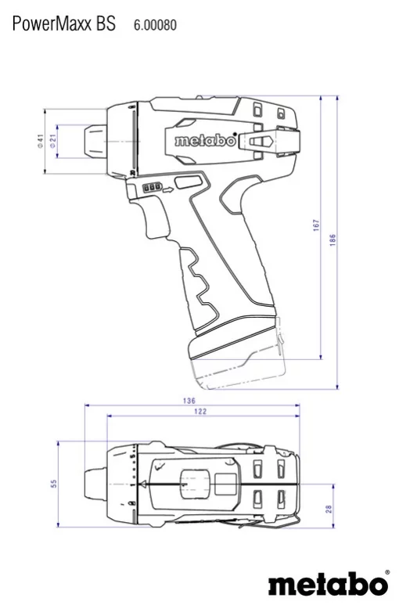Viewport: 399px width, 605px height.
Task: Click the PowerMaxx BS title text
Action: point(64,24)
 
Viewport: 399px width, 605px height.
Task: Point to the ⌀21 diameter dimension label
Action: point(52,141)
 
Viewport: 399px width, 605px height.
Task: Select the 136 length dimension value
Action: point(190,401)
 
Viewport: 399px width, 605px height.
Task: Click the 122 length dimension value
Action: point(200,412)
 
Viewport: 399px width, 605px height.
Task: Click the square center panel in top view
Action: point(192,484)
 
